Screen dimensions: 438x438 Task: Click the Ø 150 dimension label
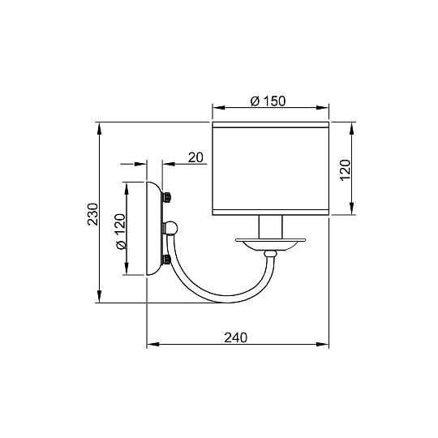pyautogui.click(x=270, y=101)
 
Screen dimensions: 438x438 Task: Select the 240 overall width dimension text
pyautogui.click(x=235, y=337)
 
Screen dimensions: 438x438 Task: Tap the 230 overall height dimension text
pyautogui.click(x=92, y=213)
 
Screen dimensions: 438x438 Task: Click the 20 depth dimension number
pyautogui.click(x=195, y=157)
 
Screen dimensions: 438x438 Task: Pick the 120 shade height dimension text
pyautogui.click(x=344, y=170)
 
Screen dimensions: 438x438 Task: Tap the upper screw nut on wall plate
pyautogui.click(x=168, y=197)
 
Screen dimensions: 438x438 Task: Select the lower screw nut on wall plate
pyautogui.click(x=168, y=260)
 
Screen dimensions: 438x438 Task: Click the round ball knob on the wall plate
pyautogui.click(x=171, y=229)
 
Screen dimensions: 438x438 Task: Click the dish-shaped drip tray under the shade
pyautogui.click(x=271, y=243)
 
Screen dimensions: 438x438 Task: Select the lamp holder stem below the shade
pyautogui.click(x=270, y=227)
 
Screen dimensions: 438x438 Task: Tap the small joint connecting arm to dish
pyautogui.click(x=271, y=255)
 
